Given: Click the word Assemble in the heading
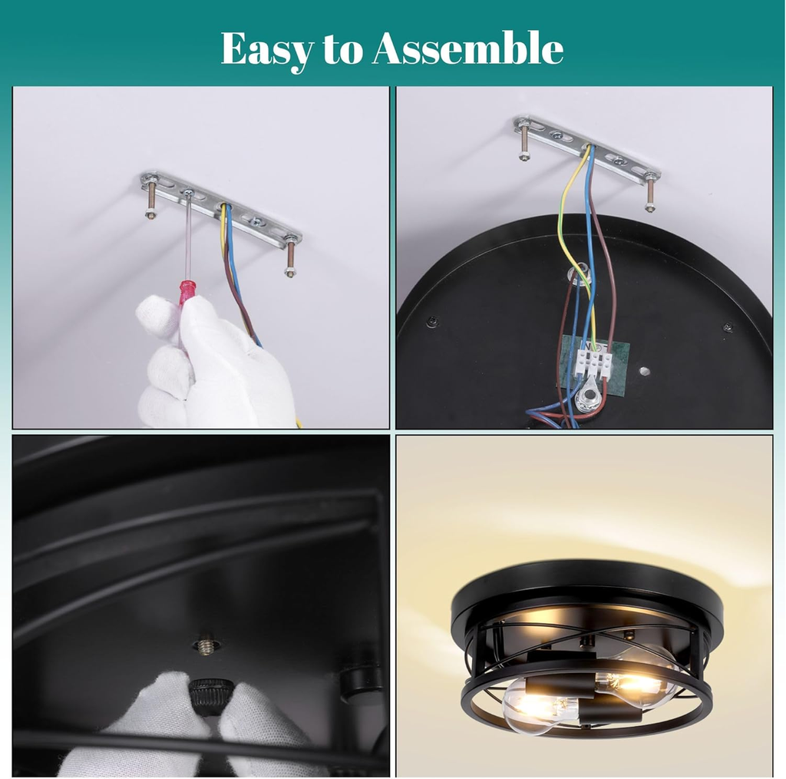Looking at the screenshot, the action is tap(467, 48).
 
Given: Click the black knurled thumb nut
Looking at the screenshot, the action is tap(207, 693).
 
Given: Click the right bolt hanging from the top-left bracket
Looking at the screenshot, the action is tap(290, 257).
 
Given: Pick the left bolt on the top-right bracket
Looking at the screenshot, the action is tap(523, 143).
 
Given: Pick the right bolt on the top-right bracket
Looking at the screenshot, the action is tap(650, 192).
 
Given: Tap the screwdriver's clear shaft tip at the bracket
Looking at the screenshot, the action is tap(189, 194).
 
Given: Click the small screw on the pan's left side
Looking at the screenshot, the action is tap(432, 322).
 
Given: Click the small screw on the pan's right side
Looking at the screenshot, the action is tap(728, 328).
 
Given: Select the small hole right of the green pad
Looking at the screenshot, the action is tap(645, 372).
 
